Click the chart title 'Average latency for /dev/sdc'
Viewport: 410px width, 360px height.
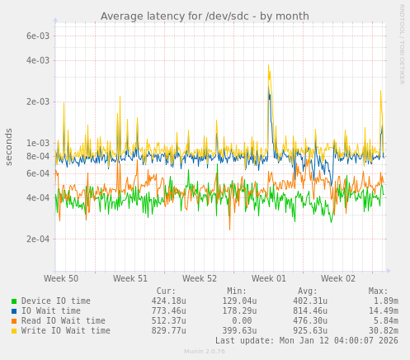pos(205,17)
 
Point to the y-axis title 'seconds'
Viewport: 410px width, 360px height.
pos(9,146)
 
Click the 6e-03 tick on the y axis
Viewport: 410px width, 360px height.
pos(38,36)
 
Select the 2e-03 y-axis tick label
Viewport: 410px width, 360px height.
pos(38,102)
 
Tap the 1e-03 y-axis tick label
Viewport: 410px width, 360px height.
pos(38,143)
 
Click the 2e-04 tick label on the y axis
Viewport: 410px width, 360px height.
pos(38,239)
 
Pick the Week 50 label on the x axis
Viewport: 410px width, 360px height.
pos(61,279)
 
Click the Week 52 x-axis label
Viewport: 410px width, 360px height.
pos(200,279)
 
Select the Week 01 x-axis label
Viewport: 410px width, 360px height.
pos(269,279)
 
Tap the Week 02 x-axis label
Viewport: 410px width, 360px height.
pos(338,279)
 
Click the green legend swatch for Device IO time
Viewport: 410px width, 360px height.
pos(14,301)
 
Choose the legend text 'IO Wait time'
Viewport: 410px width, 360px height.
pos(51,311)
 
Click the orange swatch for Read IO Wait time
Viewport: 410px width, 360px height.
pos(14,321)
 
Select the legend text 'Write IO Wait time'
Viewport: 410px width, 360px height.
pos(66,331)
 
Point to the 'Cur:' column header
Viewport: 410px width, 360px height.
pos(166,291)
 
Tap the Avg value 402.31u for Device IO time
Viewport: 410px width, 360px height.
pos(310,301)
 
